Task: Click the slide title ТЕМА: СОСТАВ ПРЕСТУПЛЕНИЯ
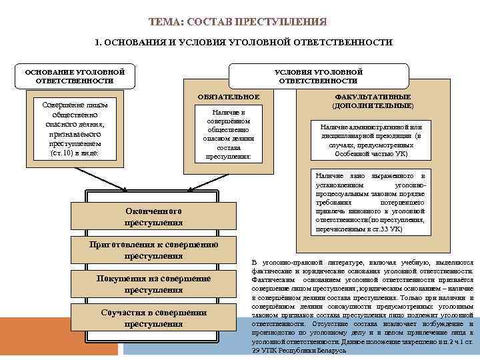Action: [x=239, y=22]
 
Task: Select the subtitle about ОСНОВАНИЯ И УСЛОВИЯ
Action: [x=243, y=42]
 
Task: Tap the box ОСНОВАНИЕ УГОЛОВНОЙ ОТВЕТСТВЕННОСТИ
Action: [x=75, y=76]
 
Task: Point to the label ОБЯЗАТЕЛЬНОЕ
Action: [x=229, y=97]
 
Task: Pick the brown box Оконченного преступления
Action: [x=154, y=216]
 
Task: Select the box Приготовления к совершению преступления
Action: [x=154, y=250]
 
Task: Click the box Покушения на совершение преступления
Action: [x=154, y=284]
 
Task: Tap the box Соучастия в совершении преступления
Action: [x=154, y=318]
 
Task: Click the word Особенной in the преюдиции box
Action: [x=351, y=153]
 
